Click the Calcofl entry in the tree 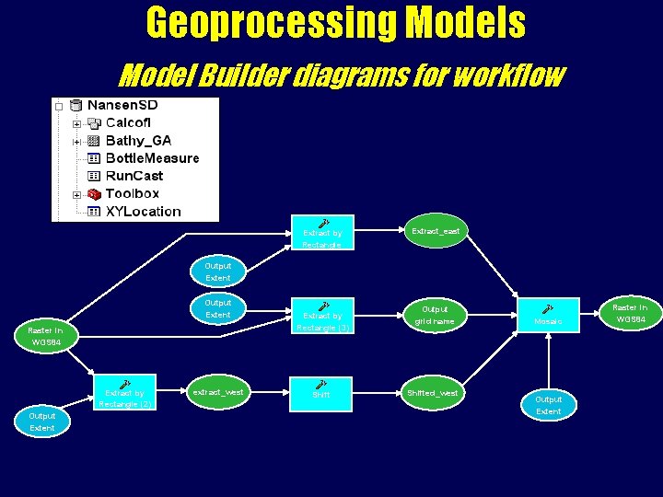tap(128, 122)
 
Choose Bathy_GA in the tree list tap(138, 140)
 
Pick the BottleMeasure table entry tap(152, 157)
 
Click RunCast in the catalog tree tap(134, 175)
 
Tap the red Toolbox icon tap(93, 193)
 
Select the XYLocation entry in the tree tap(143, 211)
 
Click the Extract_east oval tap(435, 232)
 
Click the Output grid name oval tap(435, 316)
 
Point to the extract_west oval tap(217, 392)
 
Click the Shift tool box tap(320, 390)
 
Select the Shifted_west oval tap(433, 393)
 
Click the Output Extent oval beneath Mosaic tap(548, 405)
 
